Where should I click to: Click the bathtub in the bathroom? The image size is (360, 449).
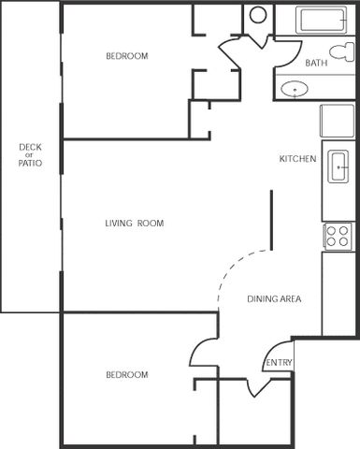[x=321, y=20]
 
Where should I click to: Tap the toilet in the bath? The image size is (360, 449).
[x=342, y=52]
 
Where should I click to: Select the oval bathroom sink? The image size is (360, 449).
[x=295, y=89]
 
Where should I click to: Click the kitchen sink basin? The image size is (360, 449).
[x=338, y=167]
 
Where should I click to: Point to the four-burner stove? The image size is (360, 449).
[x=338, y=236]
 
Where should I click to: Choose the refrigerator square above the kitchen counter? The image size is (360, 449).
[x=338, y=121]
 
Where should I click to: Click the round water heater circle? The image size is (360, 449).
[x=258, y=14]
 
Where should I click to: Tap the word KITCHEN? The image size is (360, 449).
[x=297, y=159]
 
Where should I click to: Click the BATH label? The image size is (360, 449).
[x=316, y=63]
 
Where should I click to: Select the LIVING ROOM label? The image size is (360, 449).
[x=135, y=224]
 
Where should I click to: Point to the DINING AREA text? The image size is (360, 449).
[x=274, y=299]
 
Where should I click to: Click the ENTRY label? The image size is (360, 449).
[x=279, y=362]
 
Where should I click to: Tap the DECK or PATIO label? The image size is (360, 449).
[x=30, y=155]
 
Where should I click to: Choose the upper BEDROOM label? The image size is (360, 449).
[x=127, y=56]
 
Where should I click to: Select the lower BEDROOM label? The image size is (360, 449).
[x=127, y=374]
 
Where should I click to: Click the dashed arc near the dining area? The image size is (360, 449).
[x=236, y=265]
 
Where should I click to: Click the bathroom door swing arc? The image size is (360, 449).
[x=295, y=56]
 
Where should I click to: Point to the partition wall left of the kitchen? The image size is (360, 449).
[x=271, y=220]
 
